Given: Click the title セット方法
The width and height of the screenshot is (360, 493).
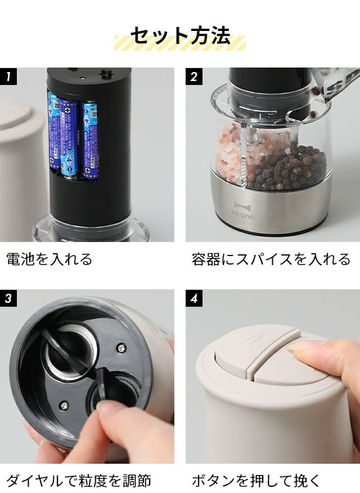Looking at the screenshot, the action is (x=180, y=35).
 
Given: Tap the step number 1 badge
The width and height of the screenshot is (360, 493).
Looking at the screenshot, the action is (x=8, y=77).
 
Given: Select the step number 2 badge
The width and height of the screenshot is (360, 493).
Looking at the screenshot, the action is (x=194, y=77).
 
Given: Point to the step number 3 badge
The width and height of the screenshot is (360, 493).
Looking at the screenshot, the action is (x=8, y=298).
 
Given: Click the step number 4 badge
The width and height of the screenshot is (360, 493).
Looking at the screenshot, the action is (x=194, y=298).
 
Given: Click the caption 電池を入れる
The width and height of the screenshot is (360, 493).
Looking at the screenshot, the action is (x=49, y=259).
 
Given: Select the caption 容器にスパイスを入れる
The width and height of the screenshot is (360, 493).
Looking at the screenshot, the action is (x=271, y=259).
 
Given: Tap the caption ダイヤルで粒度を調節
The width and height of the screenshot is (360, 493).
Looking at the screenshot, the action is (x=79, y=481).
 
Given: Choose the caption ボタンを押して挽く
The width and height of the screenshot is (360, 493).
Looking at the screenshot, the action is (x=256, y=481).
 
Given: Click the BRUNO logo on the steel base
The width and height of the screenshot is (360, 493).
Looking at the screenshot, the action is (x=243, y=210).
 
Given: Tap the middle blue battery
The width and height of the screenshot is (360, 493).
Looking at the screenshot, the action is (x=69, y=138).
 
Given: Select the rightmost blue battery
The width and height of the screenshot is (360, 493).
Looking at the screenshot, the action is (x=90, y=139).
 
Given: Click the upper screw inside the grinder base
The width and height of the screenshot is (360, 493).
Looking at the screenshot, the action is (x=121, y=348).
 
